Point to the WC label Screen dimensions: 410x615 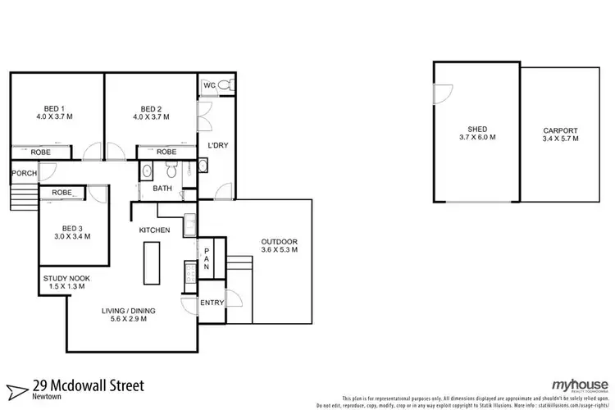point(209,84)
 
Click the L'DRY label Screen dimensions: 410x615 point(216,144)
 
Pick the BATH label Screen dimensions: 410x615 point(162,189)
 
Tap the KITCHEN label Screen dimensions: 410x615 point(154,230)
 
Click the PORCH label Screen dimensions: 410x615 point(25,173)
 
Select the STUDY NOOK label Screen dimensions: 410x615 point(67,279)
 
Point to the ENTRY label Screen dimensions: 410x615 point(212,303)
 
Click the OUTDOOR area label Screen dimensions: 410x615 point(280,241)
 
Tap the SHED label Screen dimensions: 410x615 point(478,130)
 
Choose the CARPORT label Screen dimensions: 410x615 point(560,130)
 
